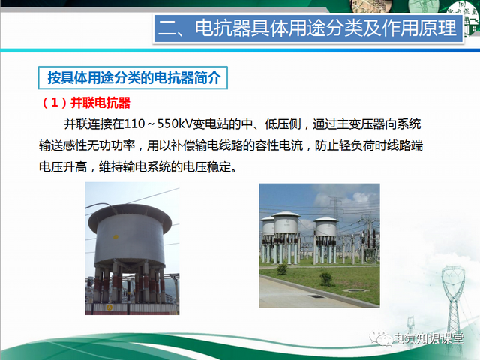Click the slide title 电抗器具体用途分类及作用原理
tap(308, 30)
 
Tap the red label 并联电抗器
tap(99, 101)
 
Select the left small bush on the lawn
tap(282, 268)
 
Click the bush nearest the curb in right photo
tap(325, 278)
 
